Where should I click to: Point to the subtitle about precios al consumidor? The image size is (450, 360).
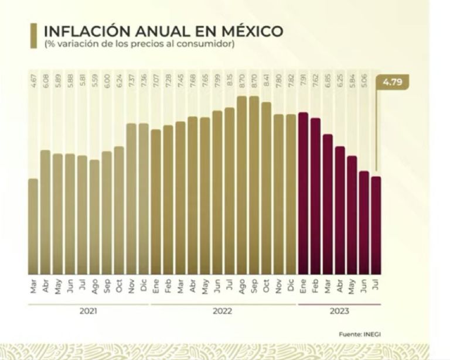[x=139, y=44]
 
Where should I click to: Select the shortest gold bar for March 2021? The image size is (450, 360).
[x=33, y=226]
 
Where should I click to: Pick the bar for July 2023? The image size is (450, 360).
[x=376, y=225]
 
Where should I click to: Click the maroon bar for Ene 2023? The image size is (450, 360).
[x=303, y=193]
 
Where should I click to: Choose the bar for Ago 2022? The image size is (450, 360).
[x=241, y=185]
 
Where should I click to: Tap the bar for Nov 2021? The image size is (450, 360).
[x=131, y=198]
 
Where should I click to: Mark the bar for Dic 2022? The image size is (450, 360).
[x=291, y=194]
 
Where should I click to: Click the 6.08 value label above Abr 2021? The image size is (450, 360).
[x=45, y=78]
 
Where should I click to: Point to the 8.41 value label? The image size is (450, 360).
[x=266, y=78]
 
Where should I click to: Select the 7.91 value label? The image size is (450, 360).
[x=303, y=78]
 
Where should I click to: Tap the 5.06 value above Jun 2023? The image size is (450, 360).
[x=364, y=78]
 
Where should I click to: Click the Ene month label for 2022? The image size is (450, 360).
[x=156, y=286]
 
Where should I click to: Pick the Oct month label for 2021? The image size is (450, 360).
[x=119, y=286]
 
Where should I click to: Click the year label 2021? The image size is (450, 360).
[x=88, y=311]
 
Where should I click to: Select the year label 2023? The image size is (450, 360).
[x=339, y=311]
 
